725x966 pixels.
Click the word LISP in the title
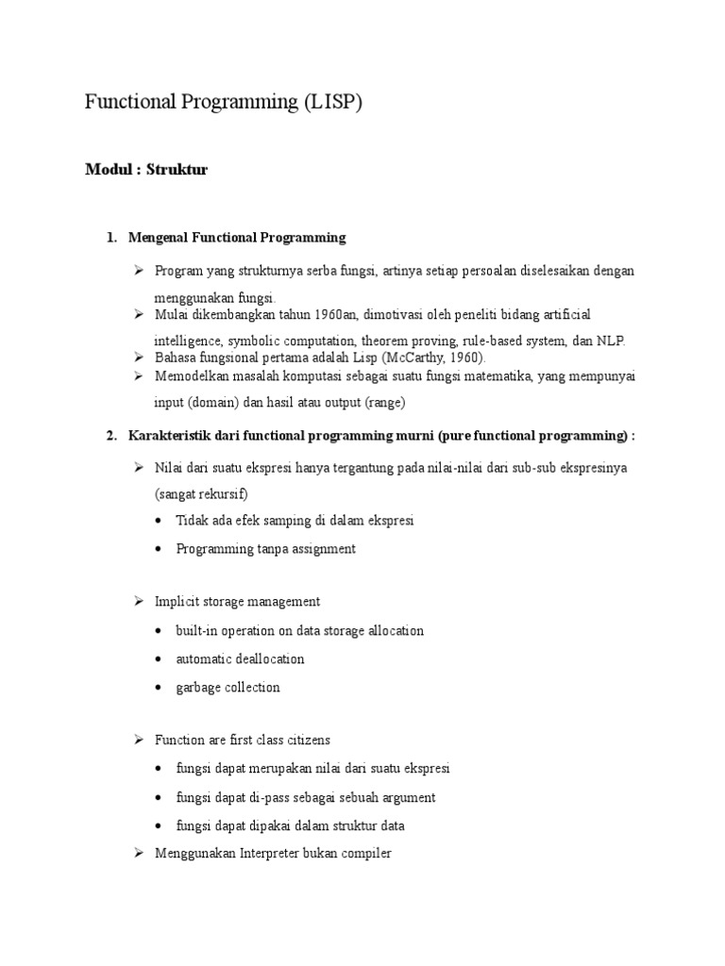[x=331, y=103]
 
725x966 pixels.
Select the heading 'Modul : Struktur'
[x=146, y=170]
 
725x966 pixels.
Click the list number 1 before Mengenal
[x=111, y=238]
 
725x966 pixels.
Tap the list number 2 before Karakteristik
[x=111, y=436]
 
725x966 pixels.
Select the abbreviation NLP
[x=610, y=341]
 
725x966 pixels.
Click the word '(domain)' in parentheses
[x=220, y=403]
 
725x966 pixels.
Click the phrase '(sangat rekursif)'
[x=201, y=493]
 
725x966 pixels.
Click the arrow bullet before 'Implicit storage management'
[x=137, y=601]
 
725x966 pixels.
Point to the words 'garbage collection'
[x=228, y=688]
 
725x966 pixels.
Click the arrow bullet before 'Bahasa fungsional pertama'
[x=137, y=358]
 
